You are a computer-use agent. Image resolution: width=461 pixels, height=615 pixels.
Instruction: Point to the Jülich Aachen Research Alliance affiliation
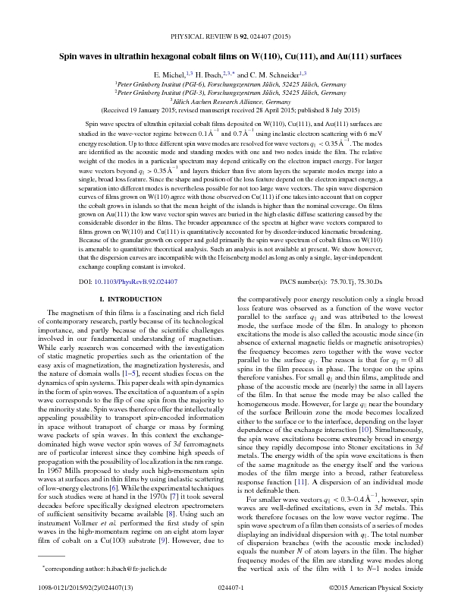[x=231, y=101]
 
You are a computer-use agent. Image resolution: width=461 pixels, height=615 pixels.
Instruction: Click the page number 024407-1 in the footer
[x=230, y=595]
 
